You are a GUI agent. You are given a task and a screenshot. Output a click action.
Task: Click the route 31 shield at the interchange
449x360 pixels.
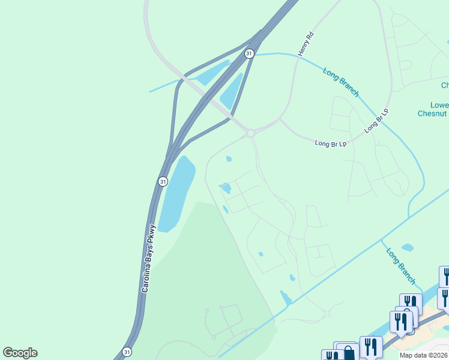coord(249,53)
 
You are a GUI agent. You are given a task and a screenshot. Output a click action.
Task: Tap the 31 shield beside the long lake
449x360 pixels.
coord(163,181)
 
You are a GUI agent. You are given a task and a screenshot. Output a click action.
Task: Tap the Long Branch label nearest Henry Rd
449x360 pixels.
coord(341,82)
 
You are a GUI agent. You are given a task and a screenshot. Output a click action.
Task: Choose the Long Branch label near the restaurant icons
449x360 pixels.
coord(400,266)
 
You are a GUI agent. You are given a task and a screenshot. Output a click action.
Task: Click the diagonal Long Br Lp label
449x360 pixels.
coord(377,121)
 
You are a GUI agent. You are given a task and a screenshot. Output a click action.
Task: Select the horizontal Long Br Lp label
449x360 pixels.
coord(331,143)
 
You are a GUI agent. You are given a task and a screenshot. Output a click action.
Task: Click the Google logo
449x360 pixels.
coord(20,353)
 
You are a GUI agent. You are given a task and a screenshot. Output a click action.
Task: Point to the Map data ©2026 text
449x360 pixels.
coord(424,355)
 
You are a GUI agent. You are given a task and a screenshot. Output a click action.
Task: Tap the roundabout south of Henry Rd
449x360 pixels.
coord(251,133)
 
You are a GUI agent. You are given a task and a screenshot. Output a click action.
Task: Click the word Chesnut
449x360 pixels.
coord(433,113)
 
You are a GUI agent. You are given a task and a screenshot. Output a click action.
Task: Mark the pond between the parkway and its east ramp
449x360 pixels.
coord(232,92)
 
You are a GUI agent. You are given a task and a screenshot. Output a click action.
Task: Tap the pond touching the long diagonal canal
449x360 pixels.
coord(286,298)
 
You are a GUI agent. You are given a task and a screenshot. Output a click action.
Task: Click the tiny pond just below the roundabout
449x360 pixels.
coord(229,159)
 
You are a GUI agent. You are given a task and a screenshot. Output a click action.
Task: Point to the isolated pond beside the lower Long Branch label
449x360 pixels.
coord(407,247)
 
